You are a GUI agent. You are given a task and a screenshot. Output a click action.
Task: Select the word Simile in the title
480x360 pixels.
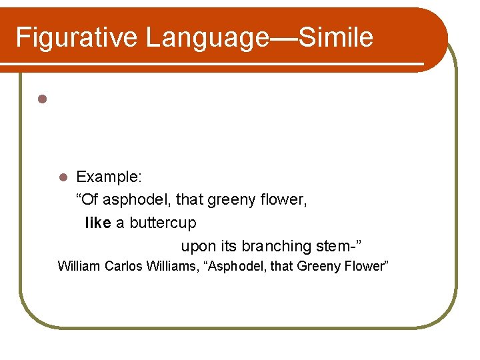coord(335,37)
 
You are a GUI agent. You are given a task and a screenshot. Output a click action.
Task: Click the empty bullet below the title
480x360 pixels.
coord(41,99)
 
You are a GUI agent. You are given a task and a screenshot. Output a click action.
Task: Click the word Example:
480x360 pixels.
coord(107,177)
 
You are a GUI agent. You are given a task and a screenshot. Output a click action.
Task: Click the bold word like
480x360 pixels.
coord(98,223)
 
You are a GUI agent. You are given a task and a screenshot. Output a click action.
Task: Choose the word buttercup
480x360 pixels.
coord(163,223)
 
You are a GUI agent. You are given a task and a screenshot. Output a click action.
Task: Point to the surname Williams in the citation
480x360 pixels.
coord(173,267)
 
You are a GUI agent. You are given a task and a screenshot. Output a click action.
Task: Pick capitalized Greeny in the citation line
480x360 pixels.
coord(319,267)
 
